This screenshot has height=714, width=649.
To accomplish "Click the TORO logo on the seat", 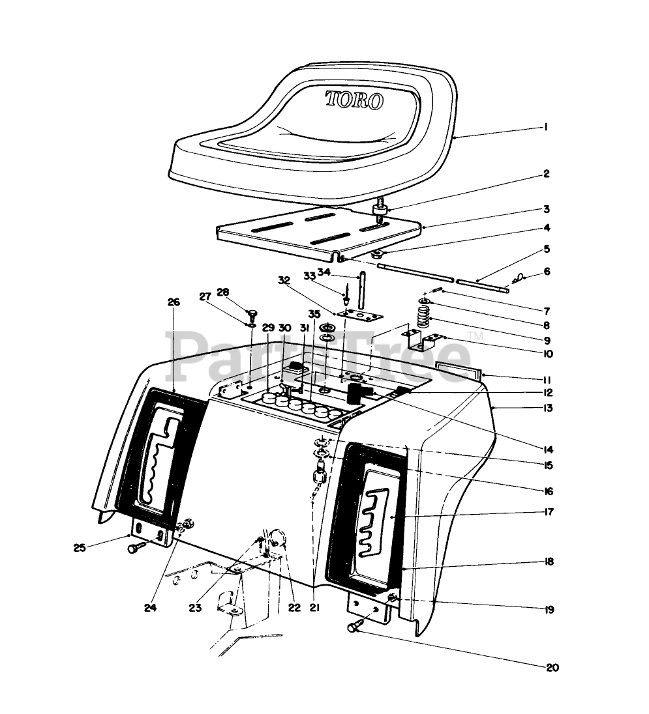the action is (x=355, y=100).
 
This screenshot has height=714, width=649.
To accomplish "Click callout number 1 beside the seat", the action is (x=545, y=128).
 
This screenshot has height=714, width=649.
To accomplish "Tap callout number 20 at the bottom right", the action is (x=553, y=667).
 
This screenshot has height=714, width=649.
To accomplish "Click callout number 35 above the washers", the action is (x=314, y=314).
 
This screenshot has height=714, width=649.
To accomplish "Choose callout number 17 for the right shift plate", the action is (x=548, y=512).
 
